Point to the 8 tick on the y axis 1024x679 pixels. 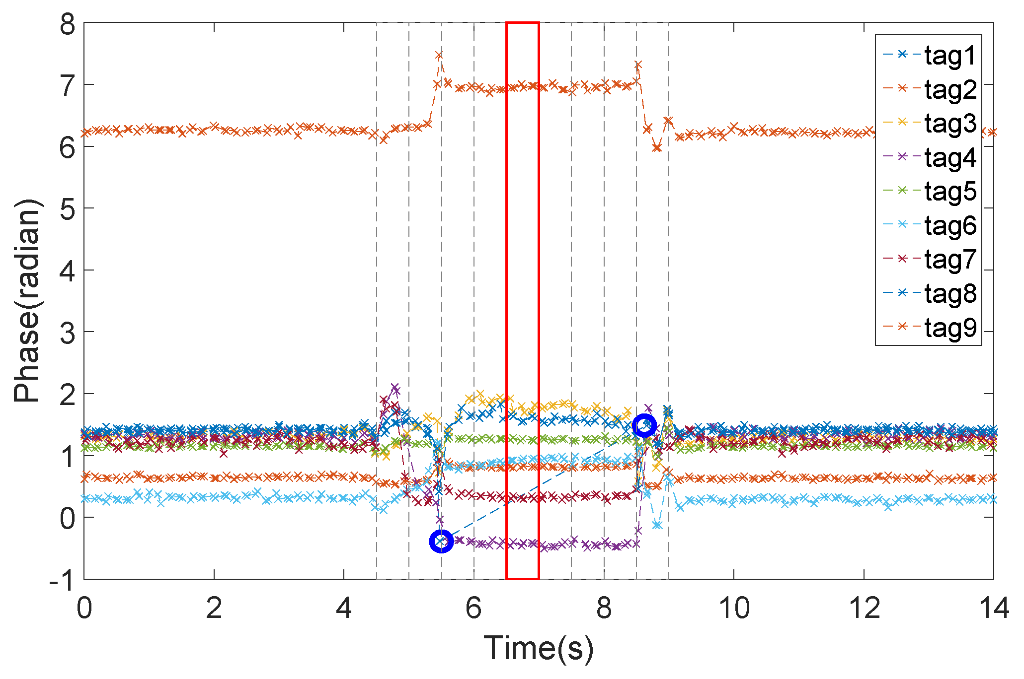pyautogui.click(x=68, y=24)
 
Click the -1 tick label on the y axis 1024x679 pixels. pyautogui.click(x=62, y=579)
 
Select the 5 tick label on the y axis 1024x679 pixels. pyautogui.click(x=68, y=209)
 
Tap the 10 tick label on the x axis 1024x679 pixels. pyautogui.click(x=734, y=608)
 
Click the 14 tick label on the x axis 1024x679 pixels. pyautogui.click(x=994, y=608)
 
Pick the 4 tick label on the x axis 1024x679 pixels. pyautogui.click(x=344, y=608)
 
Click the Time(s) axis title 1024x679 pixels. pyautogui.click(x=539, y=648)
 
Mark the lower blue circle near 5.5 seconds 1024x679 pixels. pyautogui.click(x=441, y=541)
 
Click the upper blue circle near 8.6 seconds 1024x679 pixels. pyautogui.click(x=644, y=425)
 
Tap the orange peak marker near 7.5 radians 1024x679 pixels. pyautogui.click(x=439, y=55)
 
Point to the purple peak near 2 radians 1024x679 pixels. pyautogui.click(x=395, y=387)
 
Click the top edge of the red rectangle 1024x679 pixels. pyautogui.click(x=523, y=23)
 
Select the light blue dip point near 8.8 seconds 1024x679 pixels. pyautogui.click(x=657, y=525)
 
